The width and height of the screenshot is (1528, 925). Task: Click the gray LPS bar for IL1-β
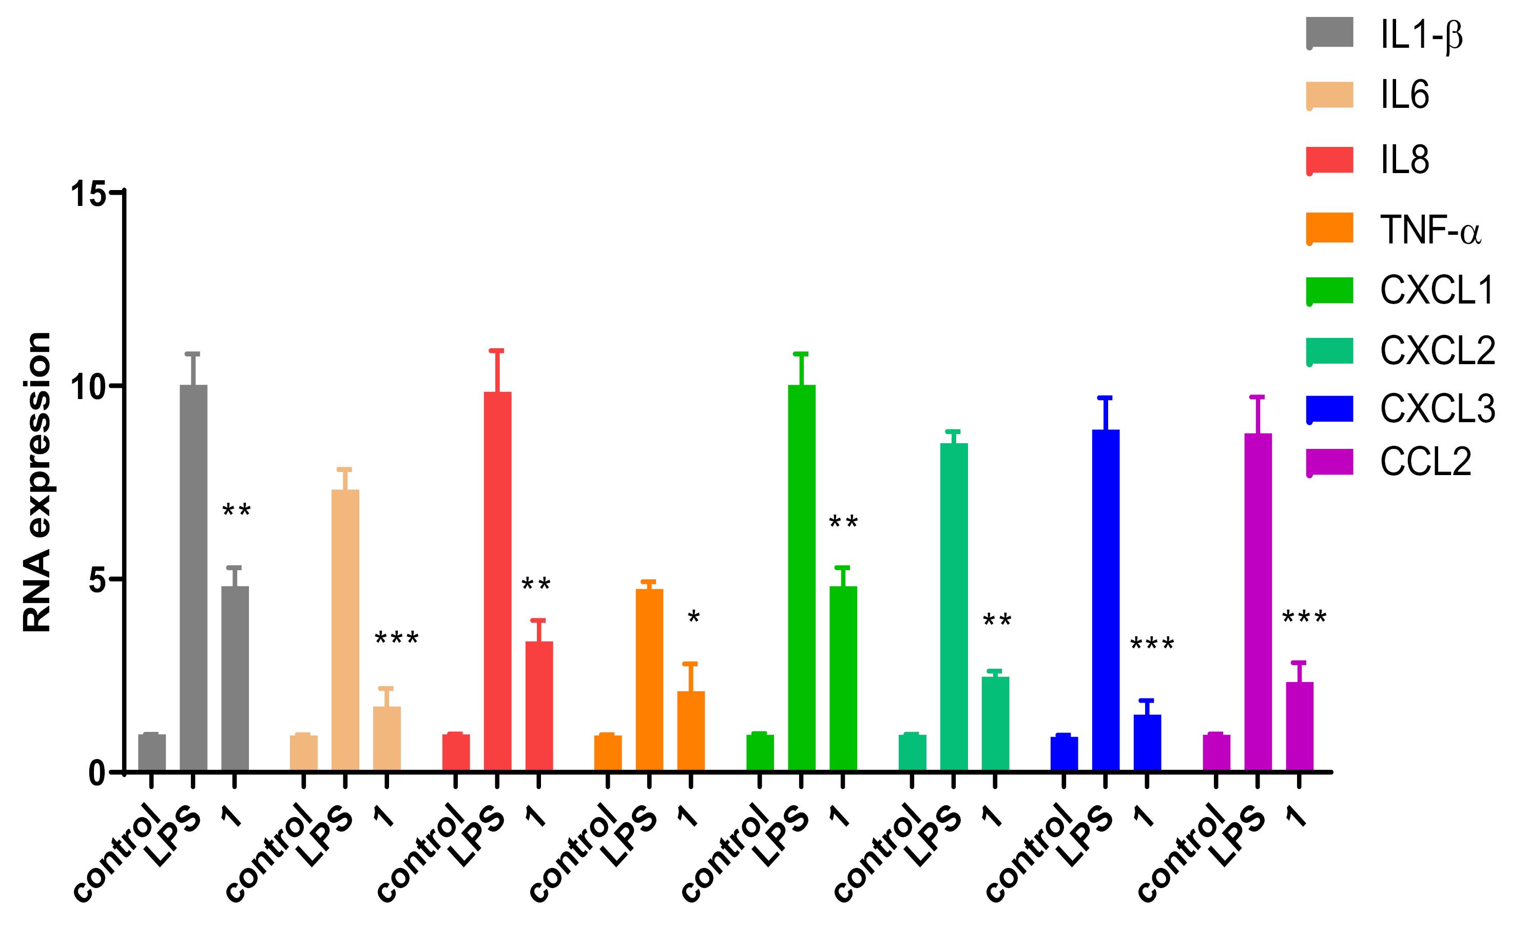(194, 577)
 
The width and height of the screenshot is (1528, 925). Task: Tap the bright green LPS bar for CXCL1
(802, 577)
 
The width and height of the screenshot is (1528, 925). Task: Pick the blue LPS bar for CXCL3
(1106, 599)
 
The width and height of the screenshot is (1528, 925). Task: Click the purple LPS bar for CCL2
(1258, 602)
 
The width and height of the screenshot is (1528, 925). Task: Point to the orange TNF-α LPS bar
(649, 679)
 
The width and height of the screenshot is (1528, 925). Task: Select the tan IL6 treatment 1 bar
(387, 738)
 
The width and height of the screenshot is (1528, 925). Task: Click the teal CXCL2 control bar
(912, 752)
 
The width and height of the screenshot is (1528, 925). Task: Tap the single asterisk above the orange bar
(693, 618)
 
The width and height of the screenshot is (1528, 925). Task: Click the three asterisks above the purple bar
(1304, 618)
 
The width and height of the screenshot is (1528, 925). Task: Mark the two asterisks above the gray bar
(236, 511)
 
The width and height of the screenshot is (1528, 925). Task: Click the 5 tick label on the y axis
(98, 579)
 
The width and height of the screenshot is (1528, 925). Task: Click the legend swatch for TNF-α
(1329, 228)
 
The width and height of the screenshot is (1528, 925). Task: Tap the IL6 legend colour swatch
(1329, 95)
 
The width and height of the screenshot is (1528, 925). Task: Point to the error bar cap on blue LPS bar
(1106, 398)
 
